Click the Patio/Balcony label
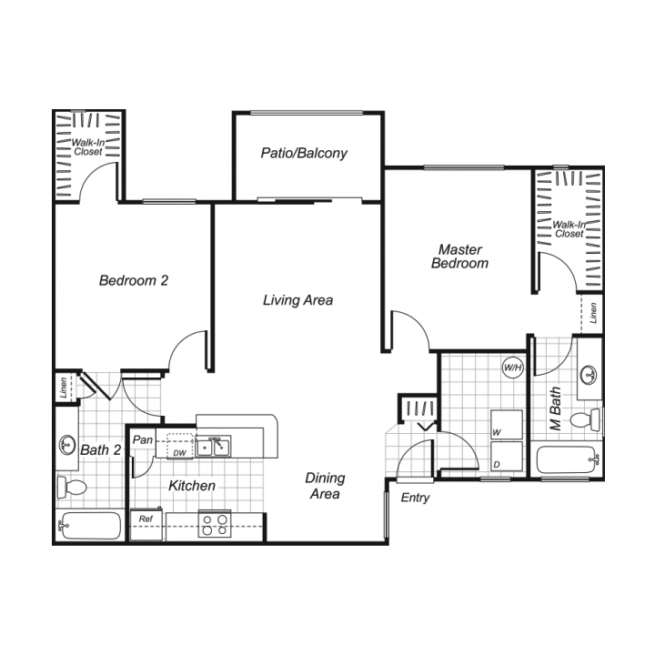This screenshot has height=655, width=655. pyautogui.click(x=304, y=153)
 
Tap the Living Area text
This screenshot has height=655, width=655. pyautogui.click(x=297, y=299)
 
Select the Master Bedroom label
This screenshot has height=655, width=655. pyautogui.click(x=459, y=257)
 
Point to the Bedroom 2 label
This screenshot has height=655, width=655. pyautogui.click(x=134, y=280)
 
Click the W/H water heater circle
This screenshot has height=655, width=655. pyautogui.click(x=512, y=368)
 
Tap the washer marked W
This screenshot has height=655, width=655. pyautogui.click(x=507, y=426)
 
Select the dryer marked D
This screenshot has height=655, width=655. pyautogui.click(x=507, y=458)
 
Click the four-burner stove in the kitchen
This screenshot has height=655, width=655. pyautogui.click(x=216, y=525)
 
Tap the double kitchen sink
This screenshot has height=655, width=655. pyautogui.click(x=216, y=446)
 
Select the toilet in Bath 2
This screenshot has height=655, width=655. pyautogui.click(x=71, y=487)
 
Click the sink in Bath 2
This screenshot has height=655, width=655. pyautogui.click(x=67, y=445)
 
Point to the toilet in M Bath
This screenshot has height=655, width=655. pyautogui.click(x=584, y=419)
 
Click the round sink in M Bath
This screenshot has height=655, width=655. pyautogui.click(x=589, y=373)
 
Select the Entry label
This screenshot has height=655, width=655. pyautogui.click(x=415, y=498)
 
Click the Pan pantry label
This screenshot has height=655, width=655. pyautogui.click(x=142, y=440)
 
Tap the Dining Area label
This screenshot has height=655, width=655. pyautogui.click(x=325, y=486)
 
